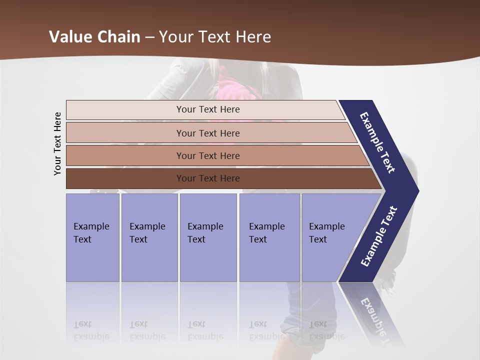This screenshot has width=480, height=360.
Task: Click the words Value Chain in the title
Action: pyautogui.click(x=94, y=37)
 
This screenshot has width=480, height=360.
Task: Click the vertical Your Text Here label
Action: pyautogui.click(x=57, y=143)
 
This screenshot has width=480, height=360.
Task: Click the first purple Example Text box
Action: pyautogui.click(x=92, y=237)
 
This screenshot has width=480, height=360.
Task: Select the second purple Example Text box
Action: pyautogui.click(x=149, y=237)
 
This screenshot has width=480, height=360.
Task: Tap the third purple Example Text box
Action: pyautogui.click(x=208, y=237)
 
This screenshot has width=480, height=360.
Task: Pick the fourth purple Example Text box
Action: pyautogui.click(x=269, y=237)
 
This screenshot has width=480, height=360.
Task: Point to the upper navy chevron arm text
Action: pyautogui.click(x=377, y=142)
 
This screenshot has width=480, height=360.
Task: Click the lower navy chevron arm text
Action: pyautogui.click(x=379, y=236)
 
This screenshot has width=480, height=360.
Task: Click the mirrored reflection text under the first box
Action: pyautogui.click(x=91, y=330)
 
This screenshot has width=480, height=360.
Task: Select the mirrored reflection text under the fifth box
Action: pyautogui.click(x=326, y=330)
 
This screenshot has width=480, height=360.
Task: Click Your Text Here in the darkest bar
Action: pyautogui.click(x=208, y=178)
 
